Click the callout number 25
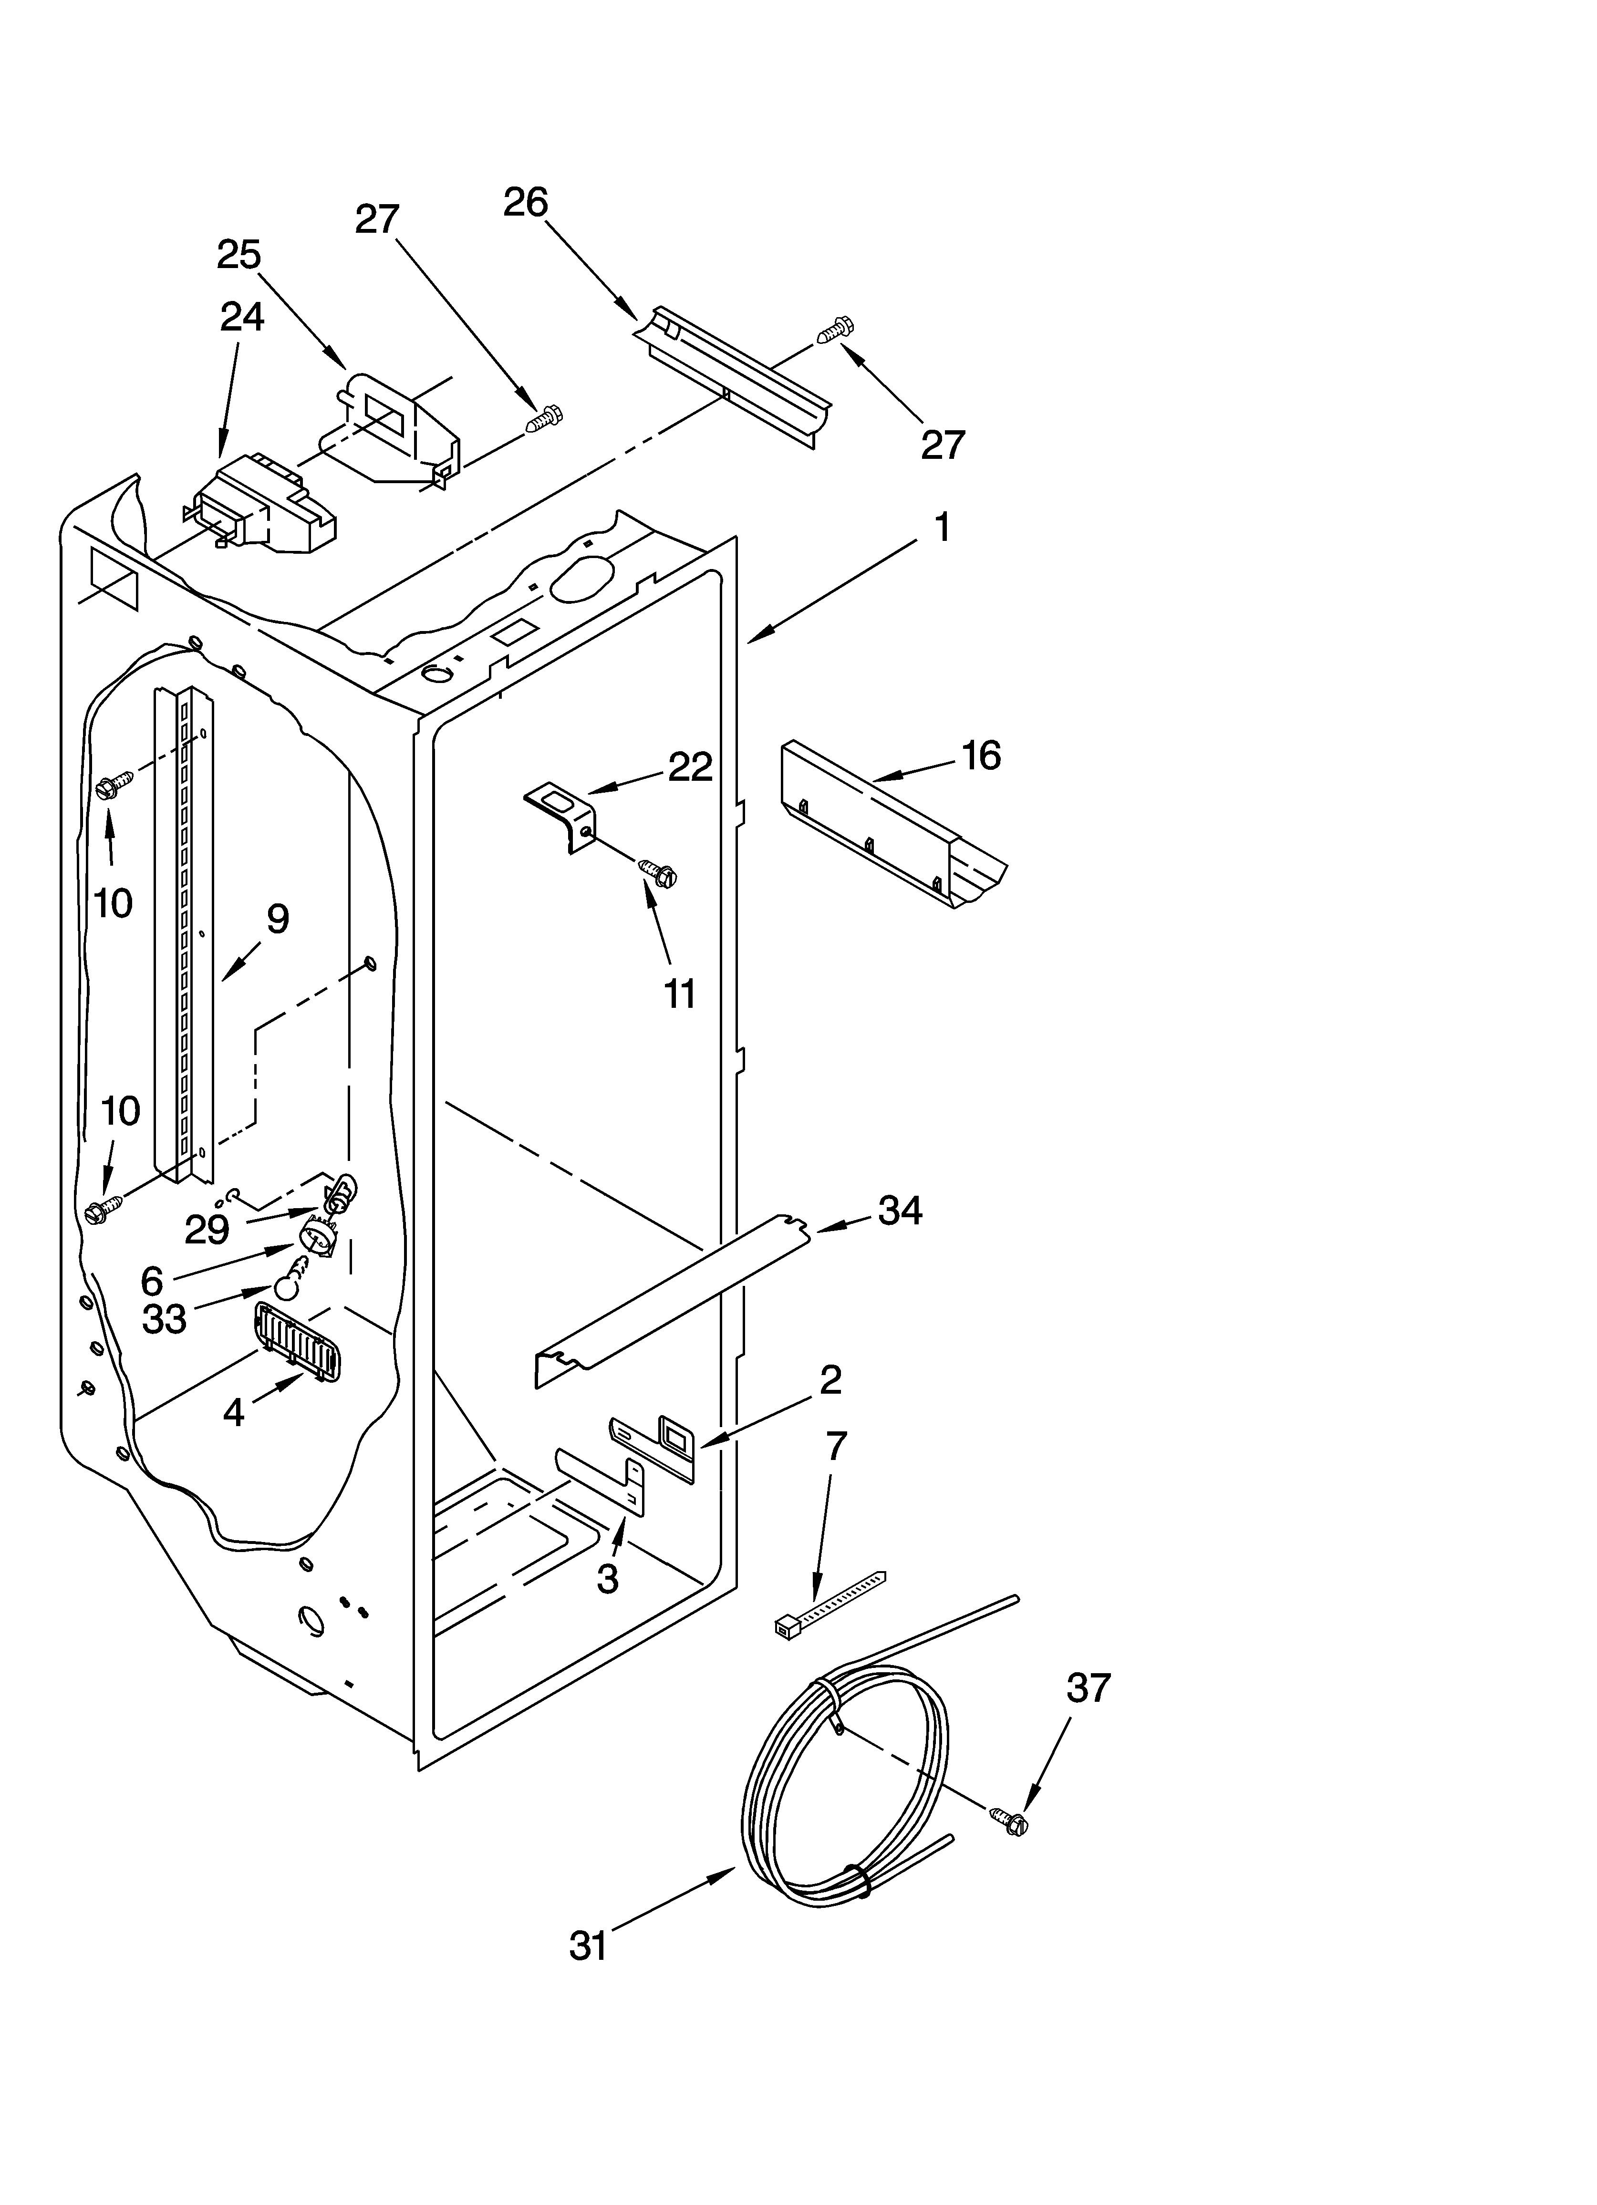coord(239,255)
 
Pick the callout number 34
coord(900,1211)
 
